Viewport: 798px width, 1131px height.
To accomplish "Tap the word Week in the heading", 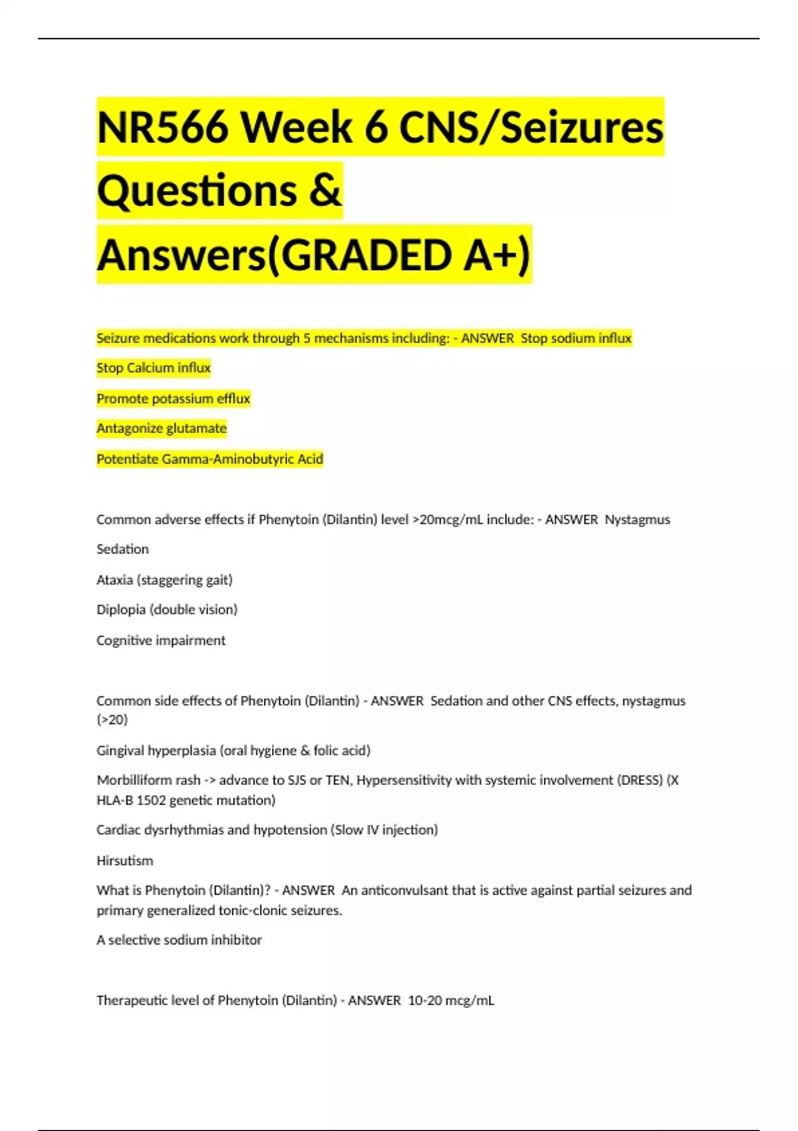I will [297, 127].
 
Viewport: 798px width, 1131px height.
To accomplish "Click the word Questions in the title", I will [197, 191].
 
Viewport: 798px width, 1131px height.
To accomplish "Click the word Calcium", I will [150, 368].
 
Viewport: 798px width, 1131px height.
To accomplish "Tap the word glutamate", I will [194, 428].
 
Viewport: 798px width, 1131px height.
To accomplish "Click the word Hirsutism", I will [125, 861].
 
